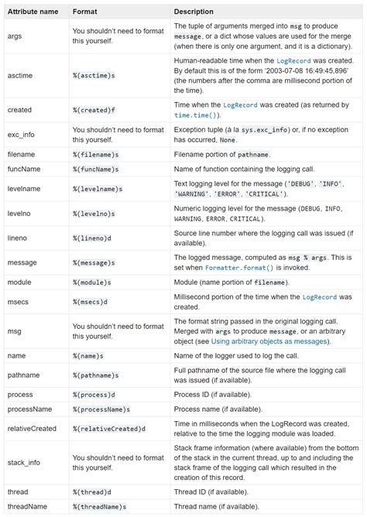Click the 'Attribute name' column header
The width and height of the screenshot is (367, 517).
click(33, 12)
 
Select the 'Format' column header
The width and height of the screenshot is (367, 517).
click(84, 12)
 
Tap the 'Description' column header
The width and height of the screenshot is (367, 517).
click(194, 12)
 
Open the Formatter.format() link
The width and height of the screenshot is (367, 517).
click(239, 267)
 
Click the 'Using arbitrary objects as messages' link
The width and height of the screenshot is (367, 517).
click(264, 341)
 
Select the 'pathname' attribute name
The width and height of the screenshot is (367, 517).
click(24, 377)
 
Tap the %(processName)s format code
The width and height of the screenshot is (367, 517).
click(102, 408)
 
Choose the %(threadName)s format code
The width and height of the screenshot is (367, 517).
click(101, 506)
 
